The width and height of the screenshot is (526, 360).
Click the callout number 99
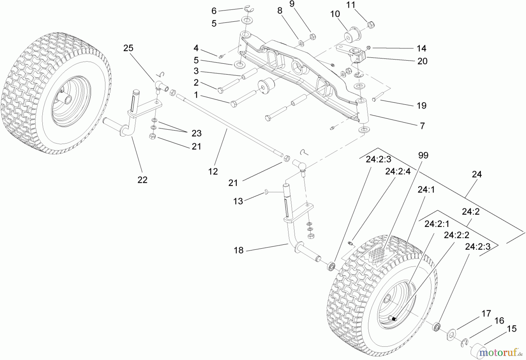423,155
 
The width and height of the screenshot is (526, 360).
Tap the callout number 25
128,48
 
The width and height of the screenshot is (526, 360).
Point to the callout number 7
422,126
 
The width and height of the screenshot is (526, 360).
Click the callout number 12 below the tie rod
213,171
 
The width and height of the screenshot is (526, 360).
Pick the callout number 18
238,250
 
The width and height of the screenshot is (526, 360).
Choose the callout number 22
142,180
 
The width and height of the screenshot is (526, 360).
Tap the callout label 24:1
426,190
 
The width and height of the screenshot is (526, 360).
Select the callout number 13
238,201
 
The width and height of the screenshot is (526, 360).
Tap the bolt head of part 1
233,104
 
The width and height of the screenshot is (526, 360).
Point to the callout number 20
422,61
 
